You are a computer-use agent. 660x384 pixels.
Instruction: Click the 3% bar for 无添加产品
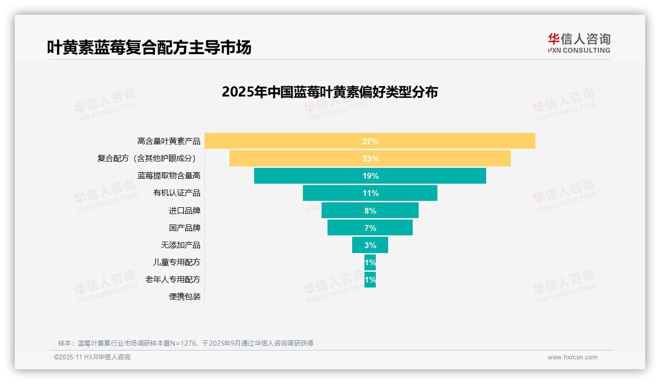[x=370, y=245]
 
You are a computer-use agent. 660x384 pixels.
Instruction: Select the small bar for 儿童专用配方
[x=370, y=262]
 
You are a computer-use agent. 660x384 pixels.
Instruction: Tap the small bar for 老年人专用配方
[x=370, y=280]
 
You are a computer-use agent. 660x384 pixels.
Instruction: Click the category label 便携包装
[x=185, y=297]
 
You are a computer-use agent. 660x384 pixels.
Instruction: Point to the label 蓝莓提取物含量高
[x=169, y=176]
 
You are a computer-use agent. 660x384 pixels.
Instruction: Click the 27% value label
[x=370, y=141]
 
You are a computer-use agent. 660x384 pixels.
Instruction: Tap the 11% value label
[x=370, y=193]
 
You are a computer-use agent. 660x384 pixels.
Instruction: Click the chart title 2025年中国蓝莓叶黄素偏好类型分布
[x=330, y=92]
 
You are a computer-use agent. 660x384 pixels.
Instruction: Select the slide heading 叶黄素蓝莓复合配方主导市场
[x=149, y=47]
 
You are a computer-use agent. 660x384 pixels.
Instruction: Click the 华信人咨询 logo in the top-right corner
[x=579, y=43]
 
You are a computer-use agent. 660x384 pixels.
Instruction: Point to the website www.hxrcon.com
[x=572, y=357]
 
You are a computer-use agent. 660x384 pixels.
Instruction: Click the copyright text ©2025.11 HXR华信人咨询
[x=92, y=357]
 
